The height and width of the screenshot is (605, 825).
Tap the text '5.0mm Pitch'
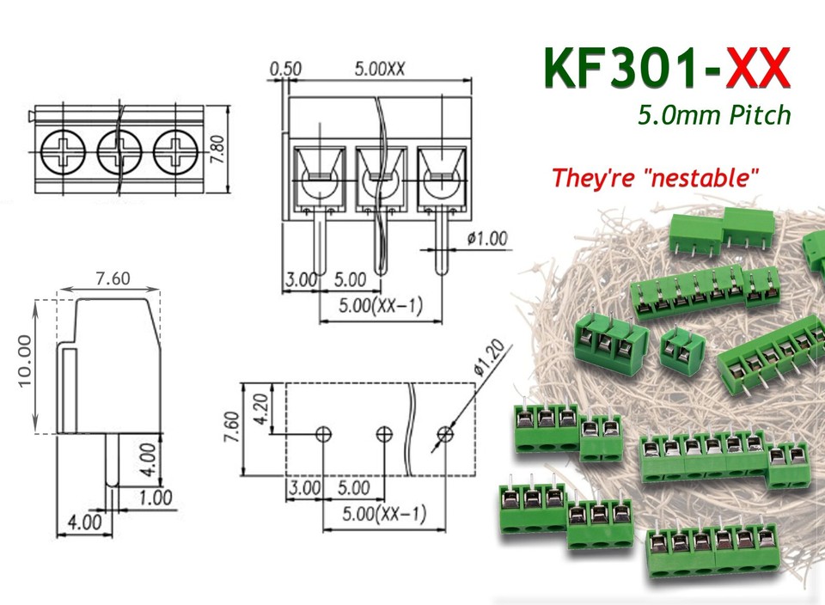click(713, 114)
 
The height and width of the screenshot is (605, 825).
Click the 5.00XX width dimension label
click(379, 69)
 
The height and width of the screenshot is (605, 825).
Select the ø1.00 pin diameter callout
click(486, 238)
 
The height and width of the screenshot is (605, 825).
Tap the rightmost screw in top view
click(174, 152)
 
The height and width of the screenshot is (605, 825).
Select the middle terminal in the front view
click(380, 180)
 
